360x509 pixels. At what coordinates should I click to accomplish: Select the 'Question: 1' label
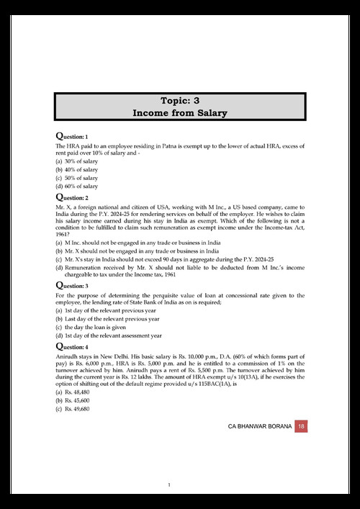[x=72, y=135]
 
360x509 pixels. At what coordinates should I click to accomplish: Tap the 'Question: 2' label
[x=72, y=197]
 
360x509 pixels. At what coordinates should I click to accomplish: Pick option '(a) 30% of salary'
[x=77, y=161]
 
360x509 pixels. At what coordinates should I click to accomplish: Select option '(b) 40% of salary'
[x=77, y=169]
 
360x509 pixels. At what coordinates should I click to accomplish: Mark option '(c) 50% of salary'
[x=77, y=178]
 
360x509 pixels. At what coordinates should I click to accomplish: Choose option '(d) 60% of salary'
[x=77, y=186]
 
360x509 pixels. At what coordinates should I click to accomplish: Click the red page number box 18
[x=301, y=427]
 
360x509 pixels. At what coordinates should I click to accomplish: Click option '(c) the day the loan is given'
[x=94, y=327]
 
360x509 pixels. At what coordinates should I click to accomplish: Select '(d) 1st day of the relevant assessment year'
[x=112, y=335]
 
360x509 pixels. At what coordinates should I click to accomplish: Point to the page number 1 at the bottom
[x=168, y=485]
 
